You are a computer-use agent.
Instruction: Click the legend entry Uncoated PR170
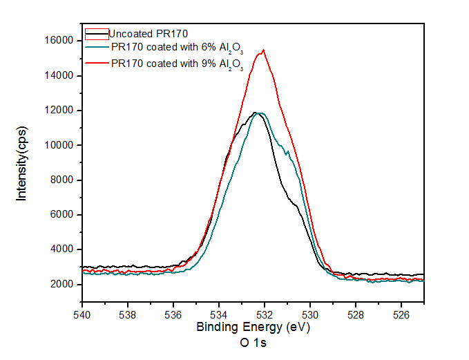click(149, 33)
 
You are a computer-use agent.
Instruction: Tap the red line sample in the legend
click(97, 62)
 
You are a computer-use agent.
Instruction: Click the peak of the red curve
click(264, 50)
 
